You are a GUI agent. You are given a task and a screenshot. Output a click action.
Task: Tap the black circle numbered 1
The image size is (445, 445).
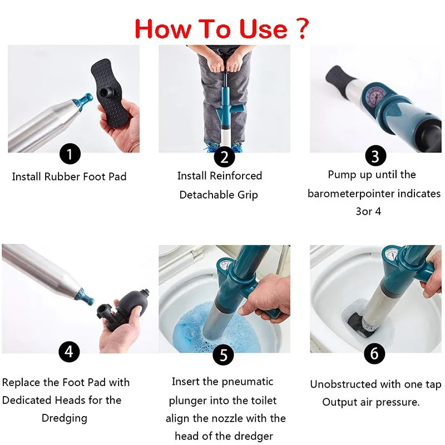pyautogui.click(x=70, y=154)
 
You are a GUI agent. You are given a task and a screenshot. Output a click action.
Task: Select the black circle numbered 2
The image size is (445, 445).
pyautogui.click(x=224, y=156)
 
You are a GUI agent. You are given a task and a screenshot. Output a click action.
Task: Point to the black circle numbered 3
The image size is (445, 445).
pyautogui.click(x=375, y=156)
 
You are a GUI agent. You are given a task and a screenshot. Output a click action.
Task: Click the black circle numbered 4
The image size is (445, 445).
pyautogui.click(x=70, y=352)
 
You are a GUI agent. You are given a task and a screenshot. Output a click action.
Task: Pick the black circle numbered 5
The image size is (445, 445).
pyautogui.click(x=224, y=355)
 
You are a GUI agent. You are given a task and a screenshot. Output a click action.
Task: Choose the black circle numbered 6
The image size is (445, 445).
pyautogui.click(x=374, y=353)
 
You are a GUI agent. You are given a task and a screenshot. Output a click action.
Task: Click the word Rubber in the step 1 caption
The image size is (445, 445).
pyautogui.click(x=62, y=176)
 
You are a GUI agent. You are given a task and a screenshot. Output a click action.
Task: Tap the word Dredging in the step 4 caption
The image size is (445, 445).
pyautogui.click(x=64, y=418)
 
